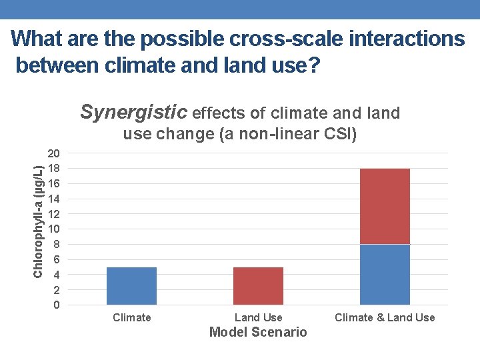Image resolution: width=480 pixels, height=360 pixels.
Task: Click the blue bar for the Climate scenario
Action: coord(131,286)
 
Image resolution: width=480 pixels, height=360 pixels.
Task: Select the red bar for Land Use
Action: coord(258,286)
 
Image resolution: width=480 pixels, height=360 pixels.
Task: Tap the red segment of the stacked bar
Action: coord(385,207)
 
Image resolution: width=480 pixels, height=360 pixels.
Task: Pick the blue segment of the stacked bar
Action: coord(385,275)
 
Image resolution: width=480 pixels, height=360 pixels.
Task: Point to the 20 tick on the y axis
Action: coord(55,153)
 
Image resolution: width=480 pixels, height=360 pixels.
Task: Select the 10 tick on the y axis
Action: coord(55,229)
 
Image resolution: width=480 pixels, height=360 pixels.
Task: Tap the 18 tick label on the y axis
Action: coord(55,169)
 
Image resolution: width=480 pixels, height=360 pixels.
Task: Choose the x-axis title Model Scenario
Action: coord(258,332)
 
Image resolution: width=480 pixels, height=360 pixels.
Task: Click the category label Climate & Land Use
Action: coord(385,318)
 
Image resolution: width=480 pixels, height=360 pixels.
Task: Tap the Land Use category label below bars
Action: coord(258,318)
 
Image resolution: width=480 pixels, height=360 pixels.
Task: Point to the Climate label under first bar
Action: coord(131,318)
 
